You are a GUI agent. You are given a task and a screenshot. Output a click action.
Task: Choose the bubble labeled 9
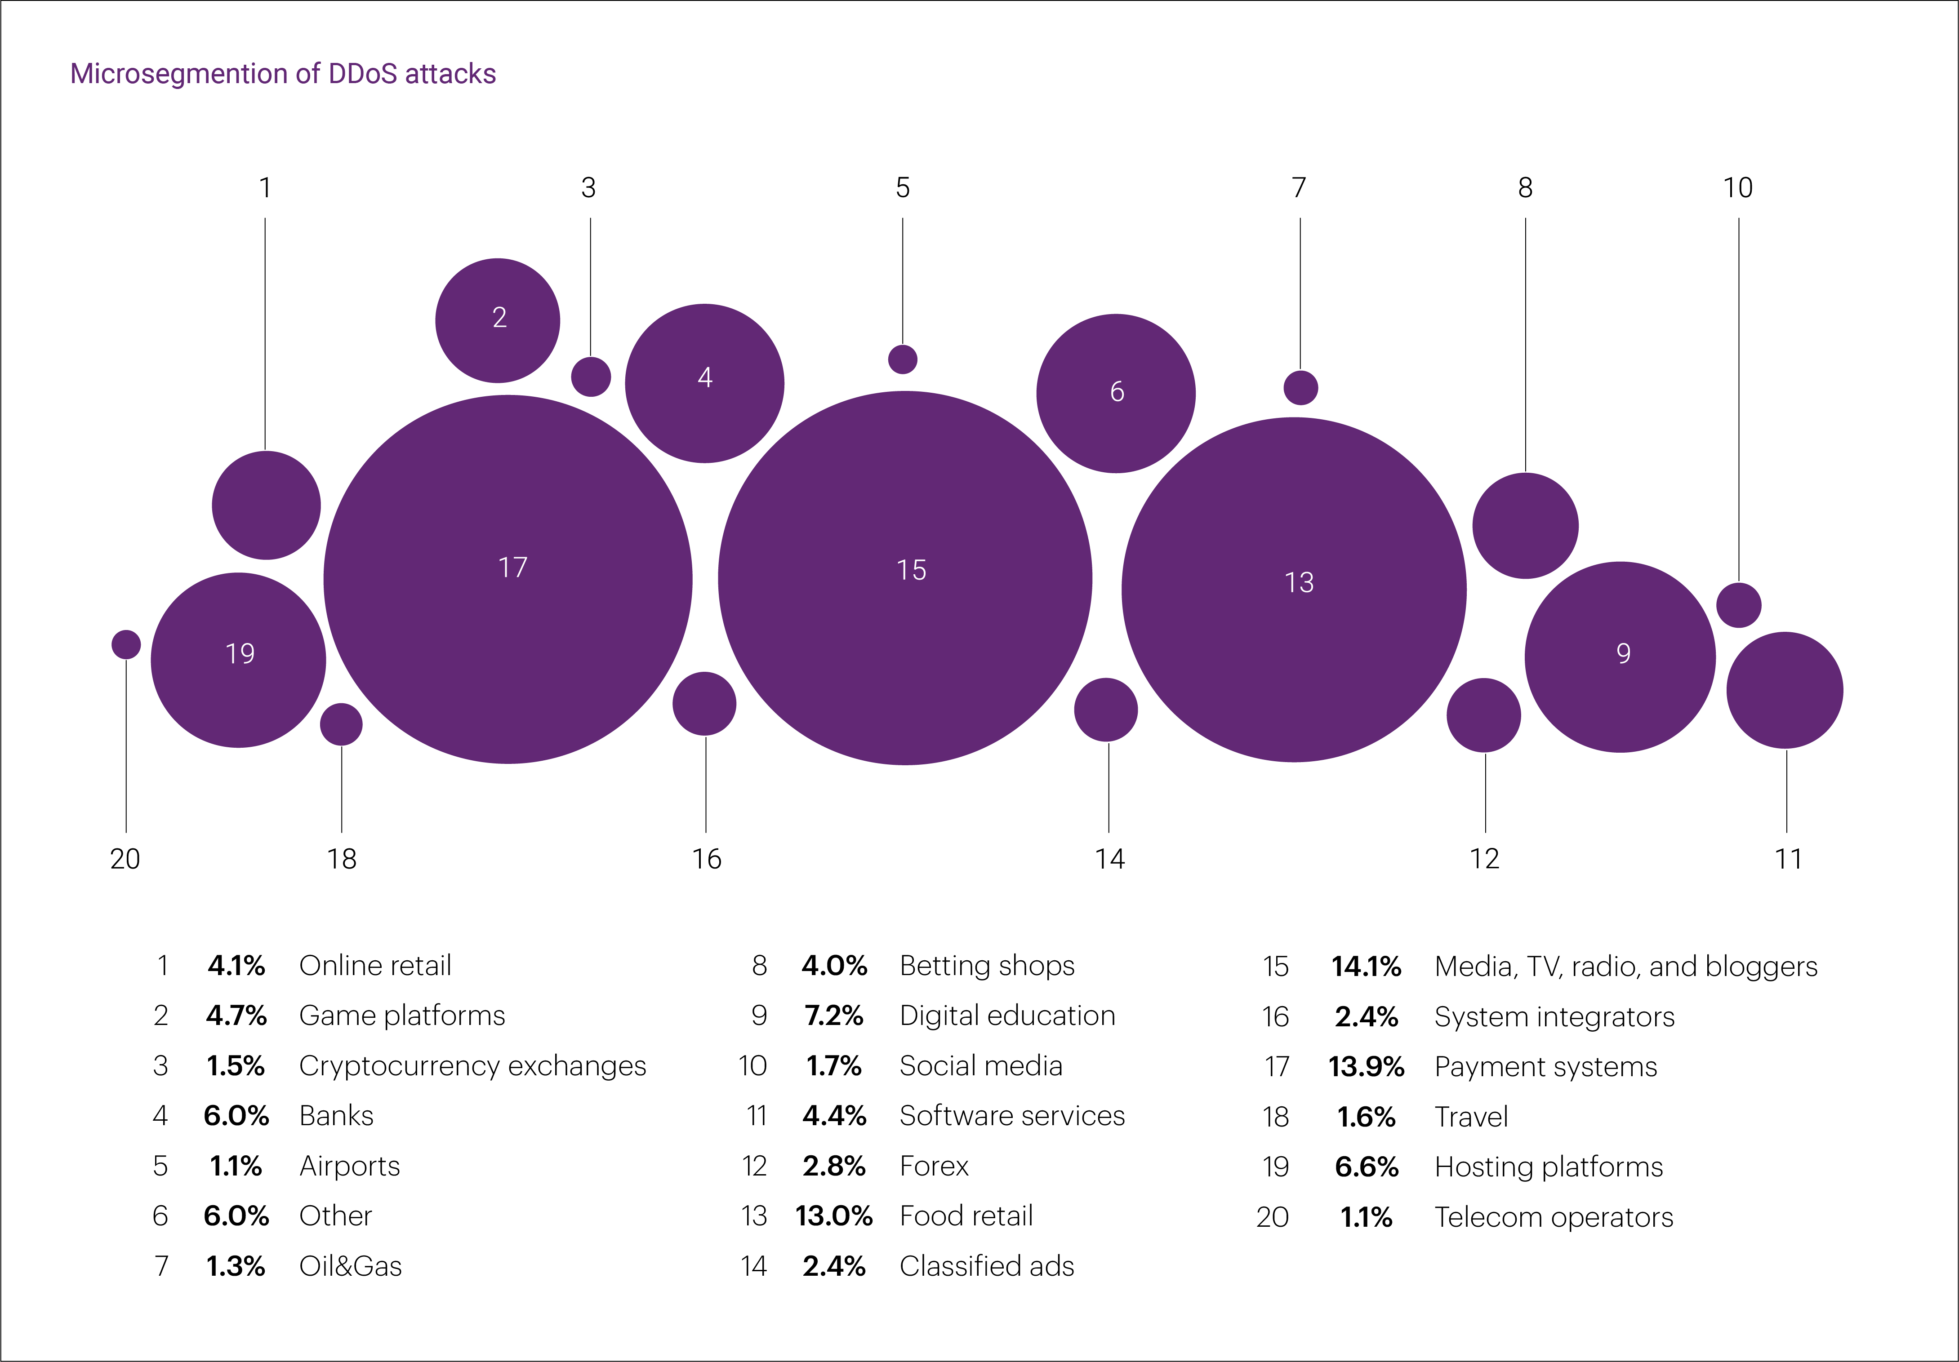coord(1620,657)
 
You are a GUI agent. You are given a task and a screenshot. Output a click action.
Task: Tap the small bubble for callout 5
coord(903,359)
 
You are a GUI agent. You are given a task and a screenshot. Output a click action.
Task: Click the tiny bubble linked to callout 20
coord(126,644)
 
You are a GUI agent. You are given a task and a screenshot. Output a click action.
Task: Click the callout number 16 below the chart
coord(707,859)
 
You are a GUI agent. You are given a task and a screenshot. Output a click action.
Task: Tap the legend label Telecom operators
coord(1553,1217)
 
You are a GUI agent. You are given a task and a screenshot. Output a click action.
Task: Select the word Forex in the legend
coord(934,1166)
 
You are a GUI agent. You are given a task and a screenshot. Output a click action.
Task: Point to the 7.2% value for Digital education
coord(833,1016)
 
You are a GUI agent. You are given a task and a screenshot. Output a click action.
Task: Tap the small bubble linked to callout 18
coord(341,724)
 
